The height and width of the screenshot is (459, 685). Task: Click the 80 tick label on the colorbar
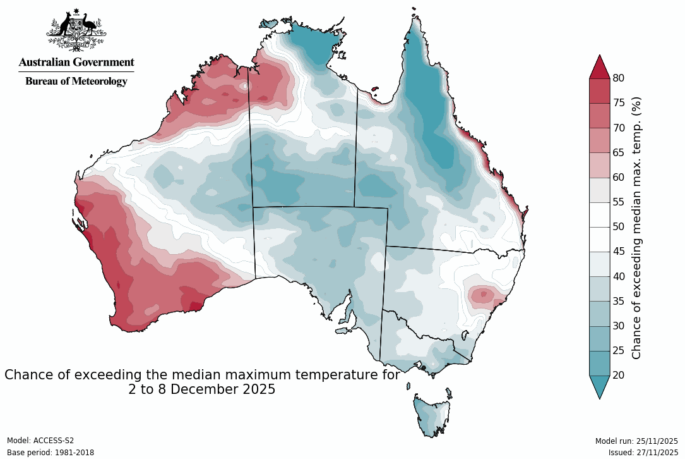[x=619, y=78]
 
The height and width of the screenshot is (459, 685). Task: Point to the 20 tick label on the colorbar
[x=619, y=376]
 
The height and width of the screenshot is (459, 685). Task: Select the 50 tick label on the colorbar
[x=619, y=227]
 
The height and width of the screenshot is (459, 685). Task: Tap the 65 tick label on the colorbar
[x=619, y=152]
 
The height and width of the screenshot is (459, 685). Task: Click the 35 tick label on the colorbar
[x=619, y=301]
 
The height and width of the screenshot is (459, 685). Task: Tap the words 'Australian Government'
[x=76, y=62]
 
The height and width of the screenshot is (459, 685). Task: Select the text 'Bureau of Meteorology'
[x=76, y=81]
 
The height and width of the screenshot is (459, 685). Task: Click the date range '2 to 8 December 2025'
[x=202, y=389]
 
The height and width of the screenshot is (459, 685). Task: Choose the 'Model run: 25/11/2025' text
[x=636, y=441]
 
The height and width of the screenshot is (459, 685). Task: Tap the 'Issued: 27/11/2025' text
[x=643, y=453]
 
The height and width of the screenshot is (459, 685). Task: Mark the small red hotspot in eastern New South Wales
[x=484, y=294]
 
